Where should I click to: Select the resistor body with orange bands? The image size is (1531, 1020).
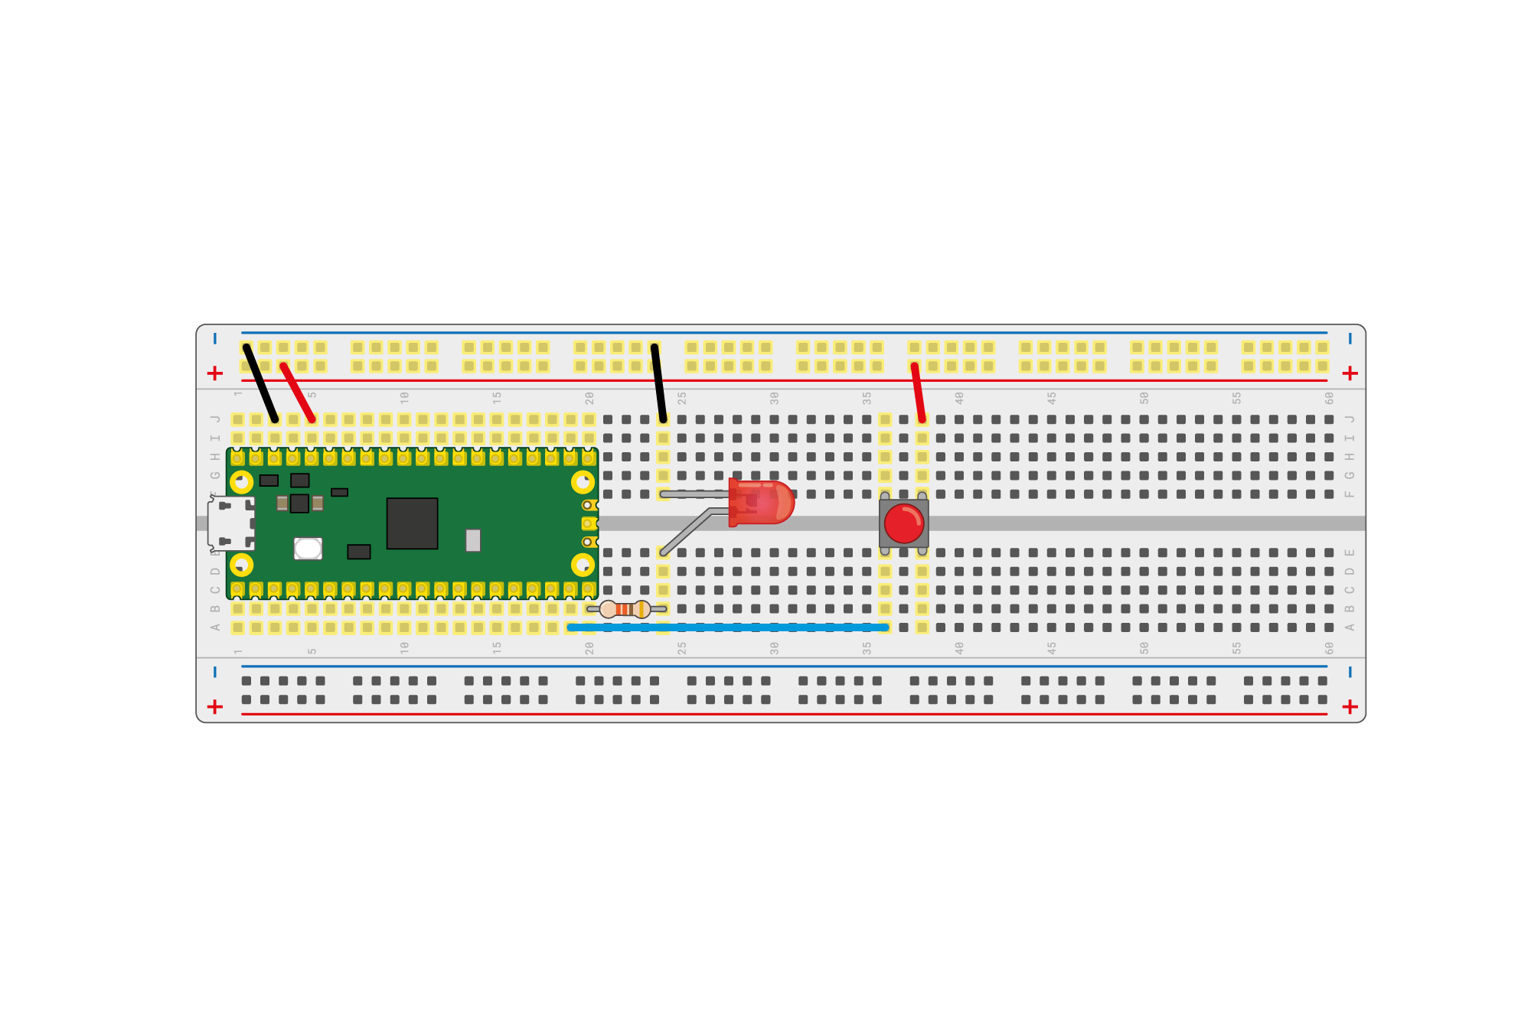coord(625,609)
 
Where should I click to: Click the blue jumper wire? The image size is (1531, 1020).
coord(727,627)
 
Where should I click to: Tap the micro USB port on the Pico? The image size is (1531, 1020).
coord(230,523)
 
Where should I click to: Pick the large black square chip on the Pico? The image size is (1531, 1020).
coord(412,523)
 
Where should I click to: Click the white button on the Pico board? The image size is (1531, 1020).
coord(308,549)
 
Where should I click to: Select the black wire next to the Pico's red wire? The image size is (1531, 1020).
coord(260,383)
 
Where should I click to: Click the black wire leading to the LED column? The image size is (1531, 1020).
coord(659,383)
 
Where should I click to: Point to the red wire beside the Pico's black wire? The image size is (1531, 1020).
coord(298,393)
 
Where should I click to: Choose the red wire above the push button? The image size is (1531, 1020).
coord(918,393)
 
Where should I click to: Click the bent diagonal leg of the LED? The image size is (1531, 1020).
coord(685,530)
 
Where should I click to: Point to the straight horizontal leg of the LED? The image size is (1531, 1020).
coord(693,494)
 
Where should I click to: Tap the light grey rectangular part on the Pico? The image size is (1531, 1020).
coord(473,540)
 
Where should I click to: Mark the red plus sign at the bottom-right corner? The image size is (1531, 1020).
coord(1350,706)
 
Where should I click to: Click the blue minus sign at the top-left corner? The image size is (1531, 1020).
coord(215,338)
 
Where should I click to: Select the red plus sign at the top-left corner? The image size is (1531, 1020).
coord(215,373)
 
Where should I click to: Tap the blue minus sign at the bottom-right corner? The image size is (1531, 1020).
coord(1350,673)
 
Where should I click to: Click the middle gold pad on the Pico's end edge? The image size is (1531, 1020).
coord(588,523)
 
